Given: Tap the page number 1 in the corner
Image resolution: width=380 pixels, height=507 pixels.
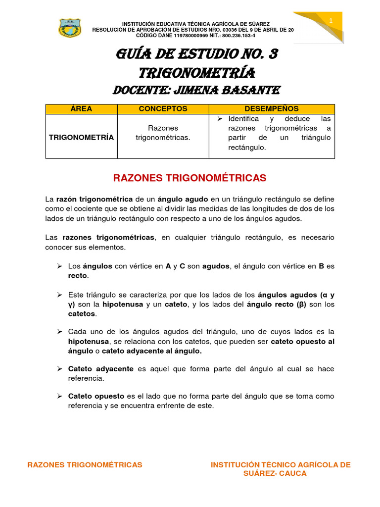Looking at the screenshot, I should click(x=331, y=19).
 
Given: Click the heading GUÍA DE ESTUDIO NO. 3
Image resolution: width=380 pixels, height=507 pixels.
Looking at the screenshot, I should click(x=196, y=54).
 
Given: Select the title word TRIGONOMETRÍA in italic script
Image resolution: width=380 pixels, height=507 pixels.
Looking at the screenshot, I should click(x=196, y=73).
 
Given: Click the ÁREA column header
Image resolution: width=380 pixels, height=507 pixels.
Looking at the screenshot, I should click(x=81, y=109).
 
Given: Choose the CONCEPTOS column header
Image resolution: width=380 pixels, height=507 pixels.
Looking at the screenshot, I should click(x=163, y=109).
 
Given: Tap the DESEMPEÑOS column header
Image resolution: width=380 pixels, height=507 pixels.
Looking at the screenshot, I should click(x=272, y=109).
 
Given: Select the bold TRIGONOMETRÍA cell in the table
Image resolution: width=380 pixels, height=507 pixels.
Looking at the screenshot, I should click(x=81, y=137).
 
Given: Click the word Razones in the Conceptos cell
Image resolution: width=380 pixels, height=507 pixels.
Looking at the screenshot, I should click(x=163, y=128).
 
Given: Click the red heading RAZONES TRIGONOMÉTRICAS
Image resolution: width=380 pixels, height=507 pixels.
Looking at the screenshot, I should click(x=190, y=178).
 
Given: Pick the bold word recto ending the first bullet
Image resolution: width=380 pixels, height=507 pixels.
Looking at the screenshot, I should click(x=77, y=275).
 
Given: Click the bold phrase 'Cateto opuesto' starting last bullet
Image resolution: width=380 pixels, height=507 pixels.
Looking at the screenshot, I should click(x=96, y=396).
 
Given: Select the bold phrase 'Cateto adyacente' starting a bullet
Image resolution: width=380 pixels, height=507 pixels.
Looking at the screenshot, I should click(x=100, y=369).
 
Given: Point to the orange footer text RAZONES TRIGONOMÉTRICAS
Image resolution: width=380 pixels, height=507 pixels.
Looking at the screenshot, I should click(x=85, y=465).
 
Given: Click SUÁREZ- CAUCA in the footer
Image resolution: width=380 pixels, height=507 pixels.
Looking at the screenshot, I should click(x=275, y=474).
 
